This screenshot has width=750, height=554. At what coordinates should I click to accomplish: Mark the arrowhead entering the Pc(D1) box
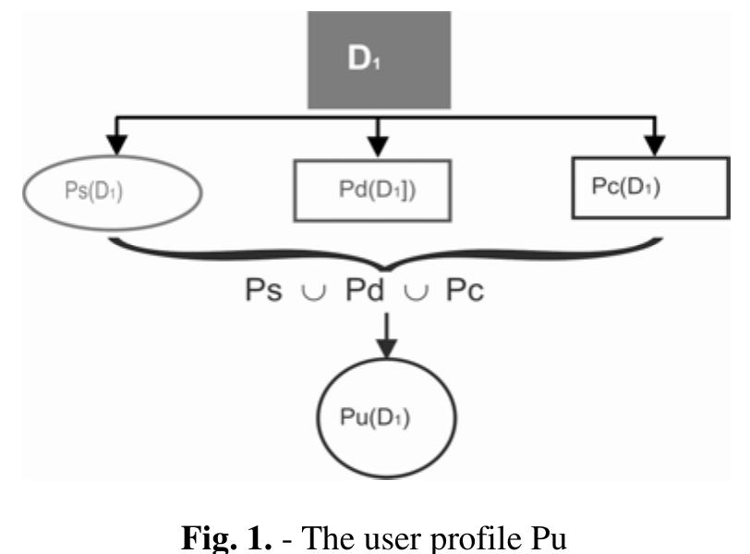point(654,145)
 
